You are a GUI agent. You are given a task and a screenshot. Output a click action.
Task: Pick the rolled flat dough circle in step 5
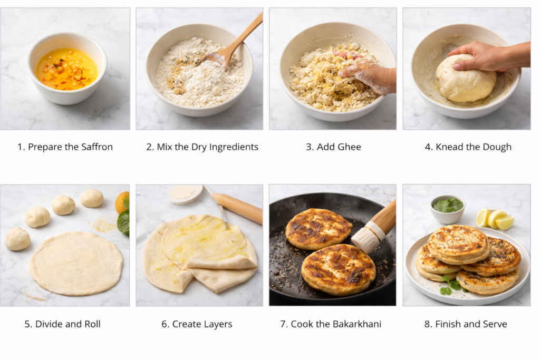coord(76,264)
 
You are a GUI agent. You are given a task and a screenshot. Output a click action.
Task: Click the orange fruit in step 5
coord(122,202)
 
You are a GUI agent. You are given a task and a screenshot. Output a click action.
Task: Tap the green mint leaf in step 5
coord(123,222)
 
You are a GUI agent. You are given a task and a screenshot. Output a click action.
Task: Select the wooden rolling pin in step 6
coord(237,207)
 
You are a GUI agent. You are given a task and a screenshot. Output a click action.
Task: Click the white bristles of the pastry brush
coord(366,238)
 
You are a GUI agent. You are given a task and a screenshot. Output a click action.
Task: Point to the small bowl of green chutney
coord(448,209)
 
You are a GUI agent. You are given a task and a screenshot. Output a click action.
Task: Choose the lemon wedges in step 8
coord(495,219)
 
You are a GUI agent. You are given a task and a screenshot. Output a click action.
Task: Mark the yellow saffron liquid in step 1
coord(67,69)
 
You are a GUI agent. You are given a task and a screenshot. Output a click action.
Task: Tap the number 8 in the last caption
coord(427,324)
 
